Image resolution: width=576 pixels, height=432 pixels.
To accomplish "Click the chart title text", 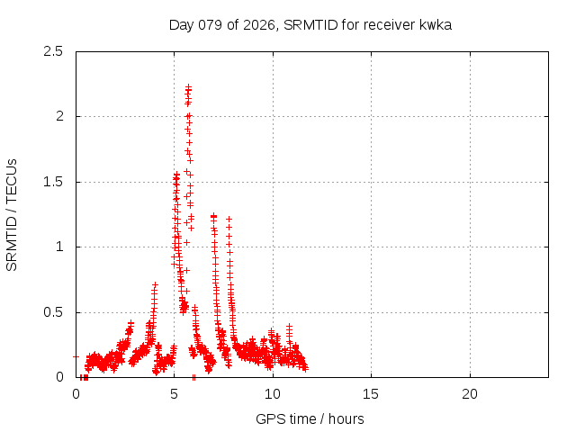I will pos(310,24).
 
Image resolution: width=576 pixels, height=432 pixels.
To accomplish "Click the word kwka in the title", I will pos(435,24).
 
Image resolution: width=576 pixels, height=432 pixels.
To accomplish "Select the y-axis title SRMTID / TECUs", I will pos(12,214).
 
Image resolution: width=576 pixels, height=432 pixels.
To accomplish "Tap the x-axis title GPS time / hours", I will pos(310,418).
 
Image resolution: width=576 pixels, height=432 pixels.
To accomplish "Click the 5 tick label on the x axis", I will pos(175,394).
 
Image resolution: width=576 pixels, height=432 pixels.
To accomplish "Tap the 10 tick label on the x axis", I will pos(273,394).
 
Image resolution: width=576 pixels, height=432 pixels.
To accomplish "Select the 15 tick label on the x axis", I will pos(371,394).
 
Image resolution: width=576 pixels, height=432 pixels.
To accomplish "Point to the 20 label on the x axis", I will pos(469,394).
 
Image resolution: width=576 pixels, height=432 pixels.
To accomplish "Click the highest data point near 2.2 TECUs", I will pos(189,87).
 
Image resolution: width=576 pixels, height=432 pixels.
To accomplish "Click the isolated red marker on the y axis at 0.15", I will pos(76,356).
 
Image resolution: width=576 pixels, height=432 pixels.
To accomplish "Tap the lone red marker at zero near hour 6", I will pos(193,377).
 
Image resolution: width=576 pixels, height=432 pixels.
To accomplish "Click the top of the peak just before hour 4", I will pos(155,285).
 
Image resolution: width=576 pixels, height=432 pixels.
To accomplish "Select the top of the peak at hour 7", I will pos(213,216).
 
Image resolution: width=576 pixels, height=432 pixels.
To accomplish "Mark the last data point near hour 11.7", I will pos(305,368).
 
